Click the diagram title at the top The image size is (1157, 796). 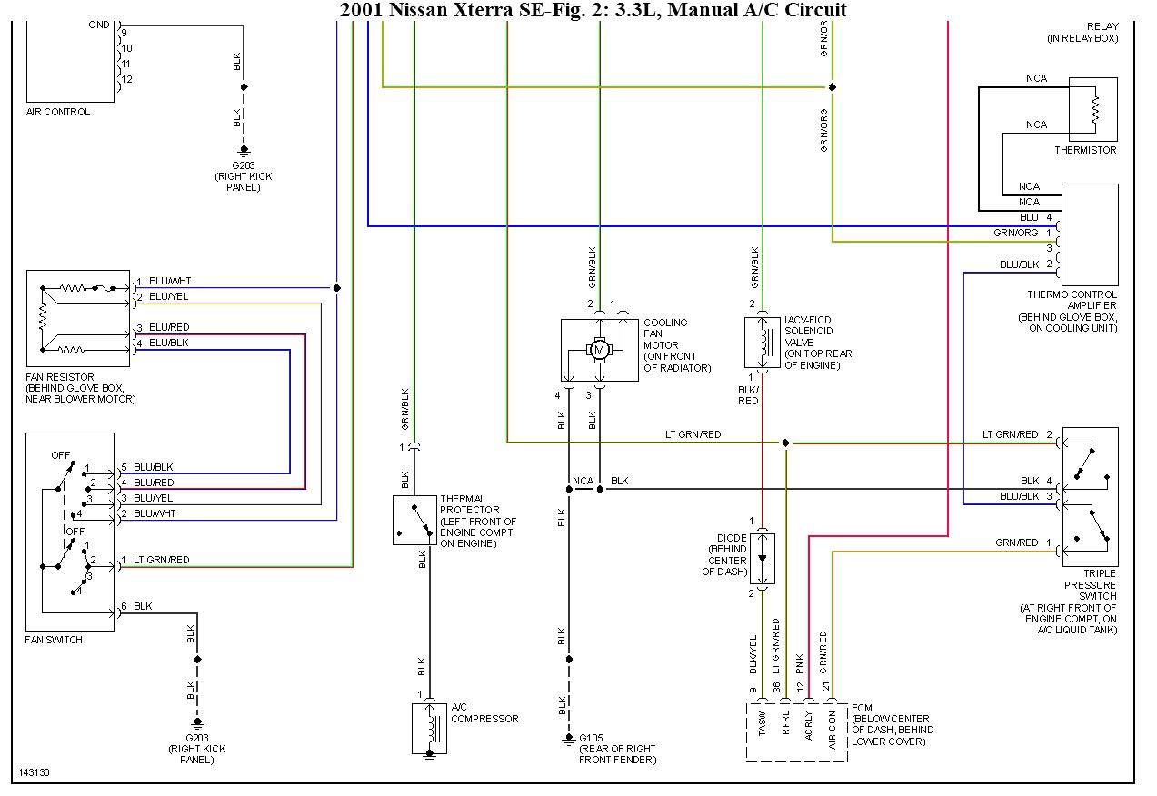(593, 10)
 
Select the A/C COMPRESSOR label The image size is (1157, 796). (484, 712)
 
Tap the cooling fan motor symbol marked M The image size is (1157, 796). (599, 349)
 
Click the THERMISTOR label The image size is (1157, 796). (1085, 150)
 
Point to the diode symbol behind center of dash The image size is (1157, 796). (763, 558)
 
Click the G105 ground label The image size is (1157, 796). (591, 737)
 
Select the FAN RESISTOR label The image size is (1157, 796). (61, 377)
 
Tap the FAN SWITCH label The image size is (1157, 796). (54, 640)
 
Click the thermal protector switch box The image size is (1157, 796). (414, 520)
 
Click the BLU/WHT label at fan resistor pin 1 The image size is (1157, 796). (169, 282)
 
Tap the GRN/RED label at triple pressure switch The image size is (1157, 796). (1016, 542)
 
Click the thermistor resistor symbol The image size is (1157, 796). (1095, 109)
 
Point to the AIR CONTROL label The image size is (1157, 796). (58, 112)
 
